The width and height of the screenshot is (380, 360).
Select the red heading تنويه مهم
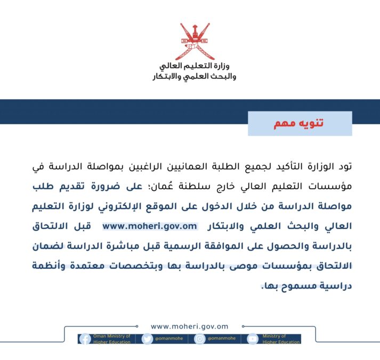pyautogui.click(x=299, y=123)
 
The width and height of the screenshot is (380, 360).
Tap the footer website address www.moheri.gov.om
pyautogui.click(x=190, y=326)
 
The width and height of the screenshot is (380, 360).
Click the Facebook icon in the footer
pyautogui.click(x=85, y=339)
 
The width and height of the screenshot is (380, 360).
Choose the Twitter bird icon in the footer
pyautogui.click(x=147, y=339)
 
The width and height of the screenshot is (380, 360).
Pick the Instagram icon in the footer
pyautogui.click(x=200, y=339)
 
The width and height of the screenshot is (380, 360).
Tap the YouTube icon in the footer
pyautogui.click(x=252, y=339)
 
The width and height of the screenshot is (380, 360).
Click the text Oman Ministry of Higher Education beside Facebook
pyautogui.click(x=112, y=339)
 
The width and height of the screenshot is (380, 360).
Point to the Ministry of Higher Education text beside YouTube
pyautogui.click(x=278, y=339)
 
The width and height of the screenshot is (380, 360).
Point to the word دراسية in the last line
pyautogui.click(x=336, y=286)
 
